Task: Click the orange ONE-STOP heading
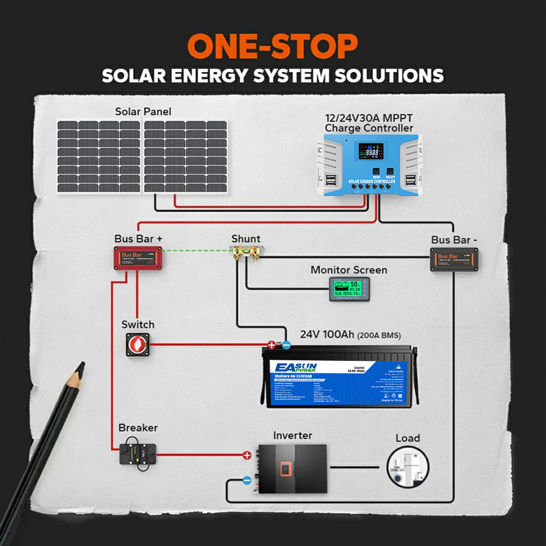tap(272, 46)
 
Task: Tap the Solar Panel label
tap(143, 111)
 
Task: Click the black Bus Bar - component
tap(454, 259)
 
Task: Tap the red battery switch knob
tap(134, 345)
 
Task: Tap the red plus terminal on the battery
tap(271, 345)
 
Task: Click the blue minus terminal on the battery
tap(286, 345)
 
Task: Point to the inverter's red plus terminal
tap(247, 455)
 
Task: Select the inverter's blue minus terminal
tap(247, 480)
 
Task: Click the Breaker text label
tap(138, 428)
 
